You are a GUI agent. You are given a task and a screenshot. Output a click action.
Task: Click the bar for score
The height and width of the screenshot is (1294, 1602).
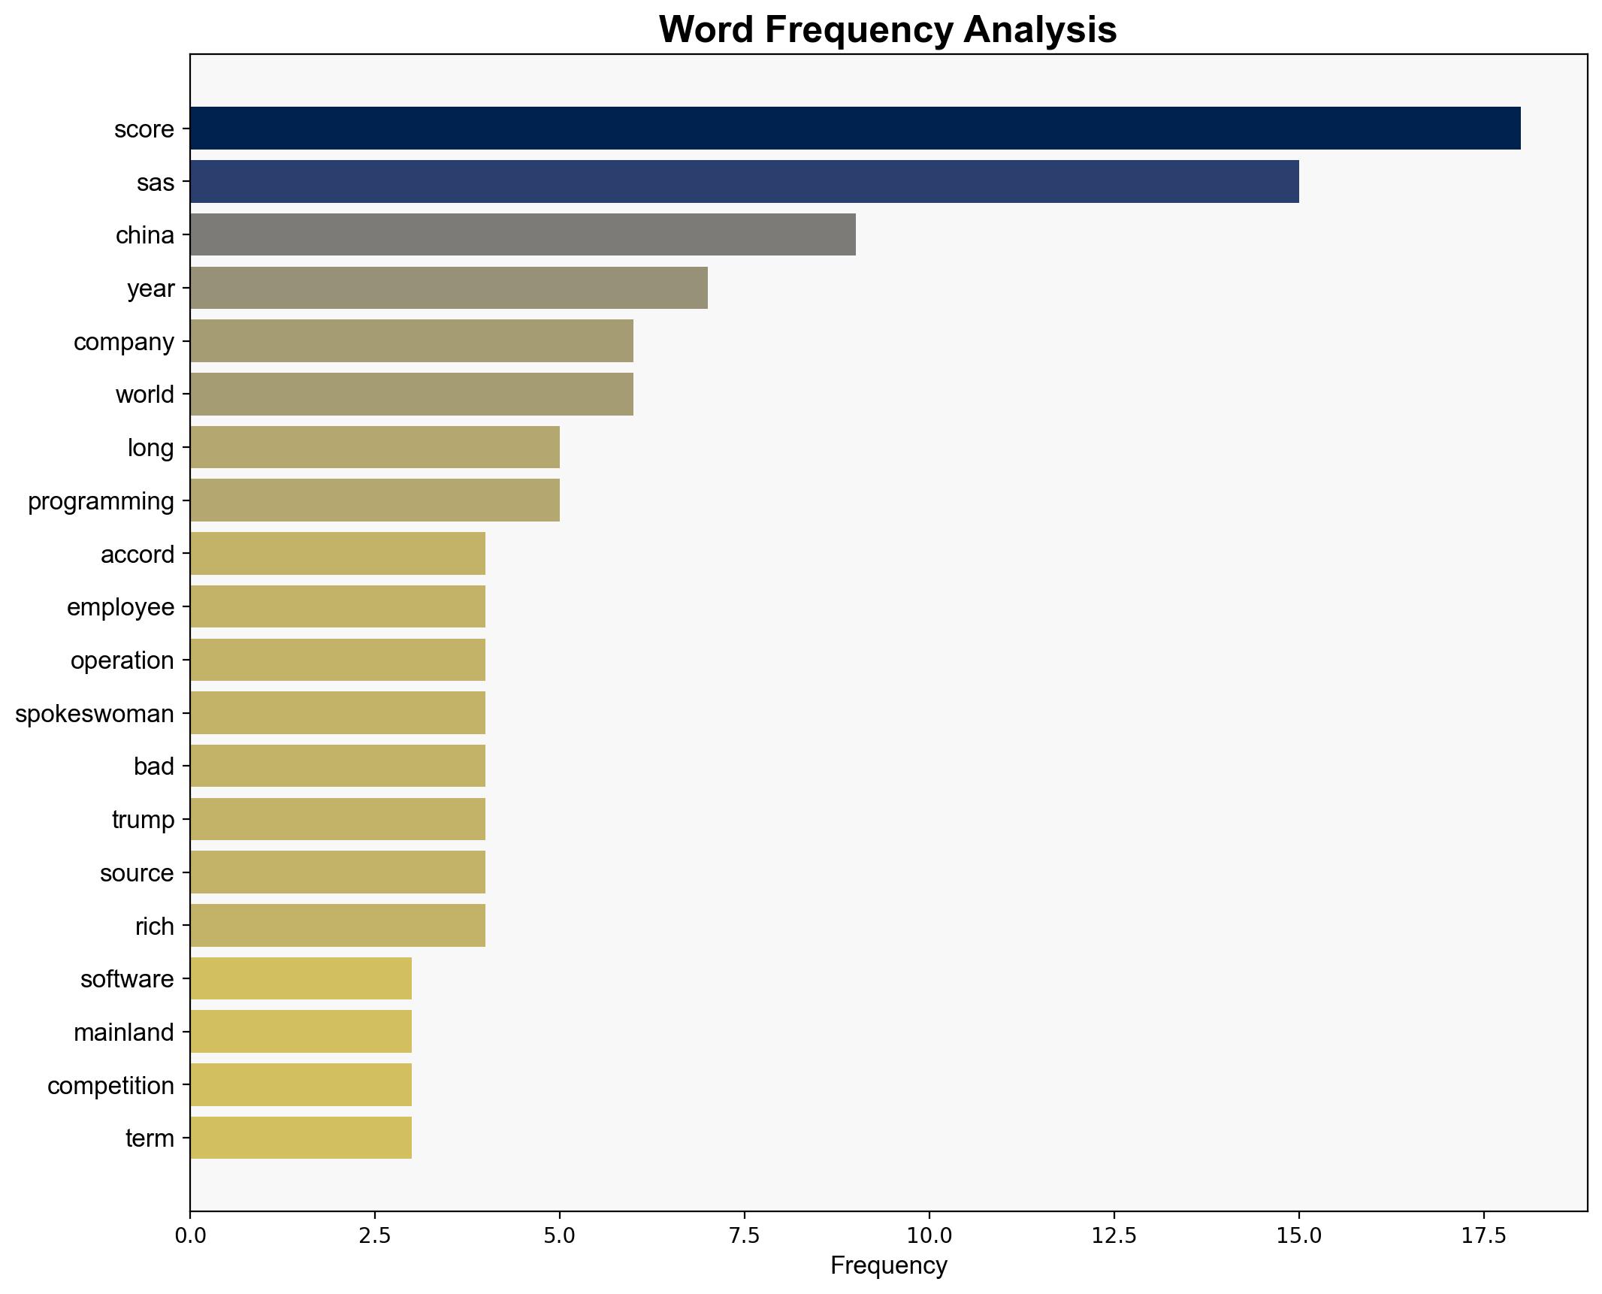click(854, 128)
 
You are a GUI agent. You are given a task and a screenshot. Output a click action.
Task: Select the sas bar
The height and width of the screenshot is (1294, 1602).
click(744, 182)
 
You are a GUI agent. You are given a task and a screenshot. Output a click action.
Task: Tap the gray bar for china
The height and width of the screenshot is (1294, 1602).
click(522, 234)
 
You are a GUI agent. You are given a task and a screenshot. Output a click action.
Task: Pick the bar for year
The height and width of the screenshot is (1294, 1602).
click(449, 288)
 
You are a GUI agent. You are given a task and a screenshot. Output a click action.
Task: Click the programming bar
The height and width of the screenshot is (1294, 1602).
click(374, 500)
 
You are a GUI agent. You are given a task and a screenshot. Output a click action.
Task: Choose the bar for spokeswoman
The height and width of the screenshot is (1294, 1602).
click(337, 713)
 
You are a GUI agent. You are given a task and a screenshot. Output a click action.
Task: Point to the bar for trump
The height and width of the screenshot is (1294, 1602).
click(337, 819)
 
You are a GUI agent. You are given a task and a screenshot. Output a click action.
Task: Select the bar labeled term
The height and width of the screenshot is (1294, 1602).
click(301, 1138)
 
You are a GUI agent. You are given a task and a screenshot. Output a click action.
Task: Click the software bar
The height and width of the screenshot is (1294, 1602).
click(301, 978)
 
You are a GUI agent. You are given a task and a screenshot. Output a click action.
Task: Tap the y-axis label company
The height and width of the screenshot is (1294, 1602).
click(124, 342)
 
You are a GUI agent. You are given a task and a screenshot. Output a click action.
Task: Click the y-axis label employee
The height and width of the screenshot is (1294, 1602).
click(120, 607)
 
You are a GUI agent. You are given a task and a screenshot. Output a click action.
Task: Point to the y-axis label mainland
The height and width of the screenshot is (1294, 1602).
click(124, 1032)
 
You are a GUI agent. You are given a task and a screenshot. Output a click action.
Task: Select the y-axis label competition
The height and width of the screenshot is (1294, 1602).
click(110, 1086)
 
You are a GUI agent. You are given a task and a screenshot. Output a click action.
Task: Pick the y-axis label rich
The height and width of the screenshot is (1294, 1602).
click(154, 927)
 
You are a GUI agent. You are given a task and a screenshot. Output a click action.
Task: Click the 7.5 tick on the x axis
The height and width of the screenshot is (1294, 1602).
click(744, 1236)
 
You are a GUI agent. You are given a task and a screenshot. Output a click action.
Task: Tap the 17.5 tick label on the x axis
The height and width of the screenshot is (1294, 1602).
click(1483, 1236)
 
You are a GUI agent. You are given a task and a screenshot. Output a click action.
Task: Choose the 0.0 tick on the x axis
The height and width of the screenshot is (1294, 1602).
click(190, 1236)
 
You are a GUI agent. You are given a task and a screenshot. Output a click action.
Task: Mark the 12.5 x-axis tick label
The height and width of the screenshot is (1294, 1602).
click(1114, 1236)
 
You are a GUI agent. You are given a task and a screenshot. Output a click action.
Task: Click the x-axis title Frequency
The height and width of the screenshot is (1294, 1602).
click(888, 1266)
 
